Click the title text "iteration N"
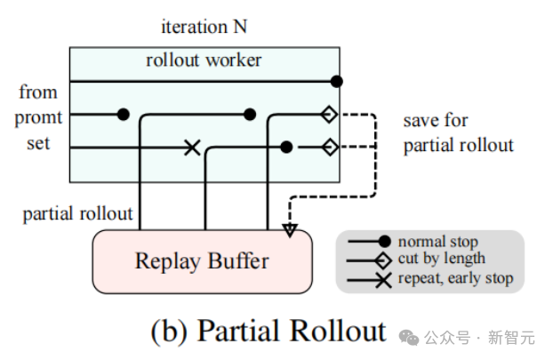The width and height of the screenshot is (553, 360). tap(204, 26)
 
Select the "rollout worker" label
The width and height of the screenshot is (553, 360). tap(204, 60)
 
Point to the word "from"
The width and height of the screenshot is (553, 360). tap(37, 92)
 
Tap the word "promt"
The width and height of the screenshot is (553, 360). tap(37, 118)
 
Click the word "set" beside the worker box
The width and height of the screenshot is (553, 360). tap(37, 143)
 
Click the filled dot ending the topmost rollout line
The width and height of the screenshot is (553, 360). tap(336, 82)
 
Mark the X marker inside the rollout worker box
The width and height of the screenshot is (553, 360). tap(191, 147)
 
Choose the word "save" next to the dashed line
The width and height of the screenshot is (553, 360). tap(422, 120)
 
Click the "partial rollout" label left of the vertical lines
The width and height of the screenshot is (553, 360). tap(78, 213)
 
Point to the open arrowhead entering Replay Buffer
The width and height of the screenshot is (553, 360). tap(289, 230)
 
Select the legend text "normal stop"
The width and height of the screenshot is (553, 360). tap(437, 242)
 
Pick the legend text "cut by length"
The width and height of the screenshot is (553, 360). tap(442, 259)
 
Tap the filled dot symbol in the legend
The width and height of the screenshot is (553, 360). tap(384, 242)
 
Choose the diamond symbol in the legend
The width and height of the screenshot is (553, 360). tap(384, 260)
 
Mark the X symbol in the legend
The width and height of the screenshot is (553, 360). tap(384, 278)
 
